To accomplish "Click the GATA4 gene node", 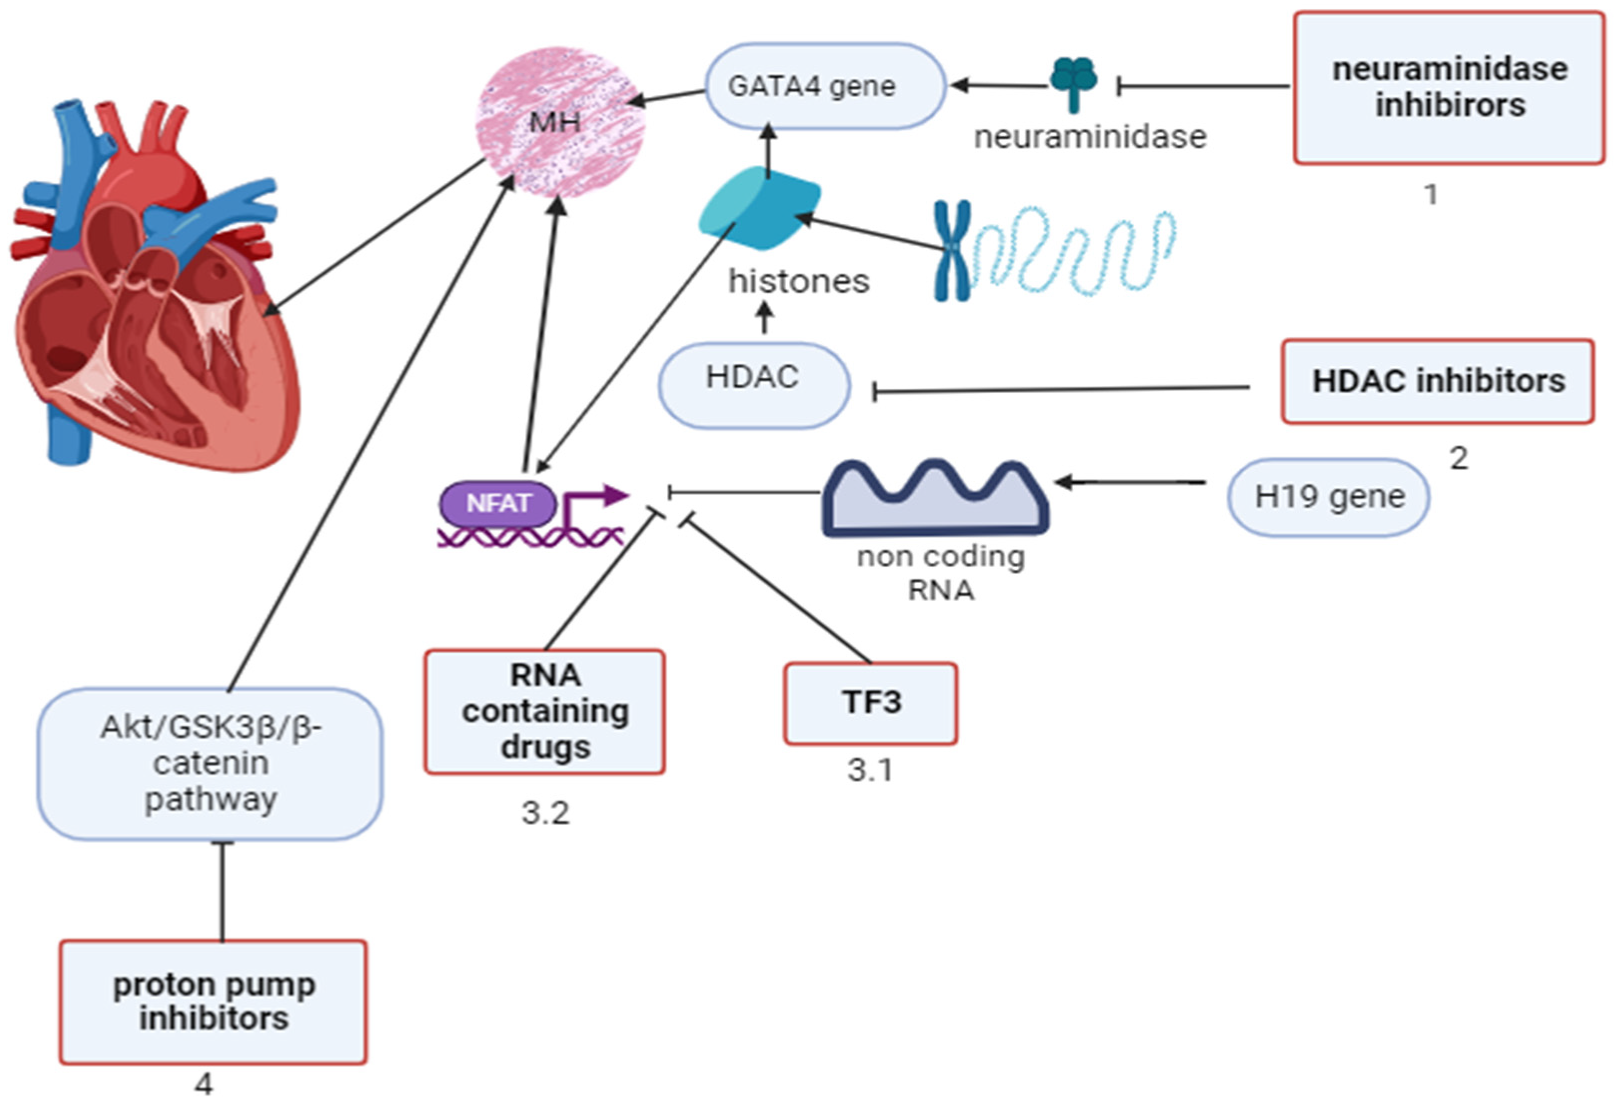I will tap(825, 86).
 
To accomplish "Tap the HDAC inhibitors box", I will tap(1438, 381).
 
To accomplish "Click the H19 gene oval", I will tap(1328, 497).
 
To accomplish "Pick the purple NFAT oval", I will tap(498, 502).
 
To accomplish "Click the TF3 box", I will tap(871, 703).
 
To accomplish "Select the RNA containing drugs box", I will tap(545, 711).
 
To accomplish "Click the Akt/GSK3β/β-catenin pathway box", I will tap(210, 764).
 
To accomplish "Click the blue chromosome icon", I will tap(952, 250).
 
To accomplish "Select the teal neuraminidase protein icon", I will tap(1073, 82).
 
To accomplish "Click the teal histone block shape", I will tap(760, 208).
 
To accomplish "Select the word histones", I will tap(799, 281).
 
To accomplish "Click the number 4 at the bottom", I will tap(203, 1083).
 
